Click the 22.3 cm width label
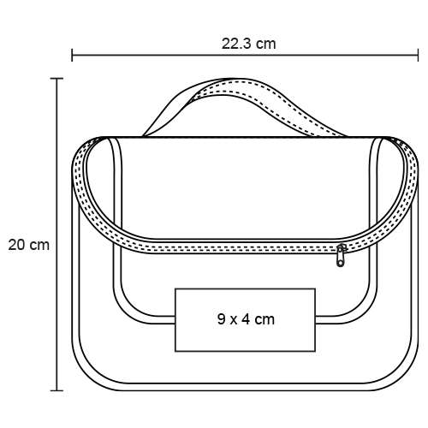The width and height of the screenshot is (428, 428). coord(249,44)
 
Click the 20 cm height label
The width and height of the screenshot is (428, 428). coord(28,245)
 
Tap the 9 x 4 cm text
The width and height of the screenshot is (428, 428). coord(246,319)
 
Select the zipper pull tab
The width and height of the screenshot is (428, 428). coord(341,256)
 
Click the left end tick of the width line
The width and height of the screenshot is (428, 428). coord(72,55)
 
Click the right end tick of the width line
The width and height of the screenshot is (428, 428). coord(418,55)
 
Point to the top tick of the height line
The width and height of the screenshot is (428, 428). coord(56,78)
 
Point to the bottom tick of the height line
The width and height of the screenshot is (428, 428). coord(56,390)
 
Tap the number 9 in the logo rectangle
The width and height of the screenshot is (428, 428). coord(221,319)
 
